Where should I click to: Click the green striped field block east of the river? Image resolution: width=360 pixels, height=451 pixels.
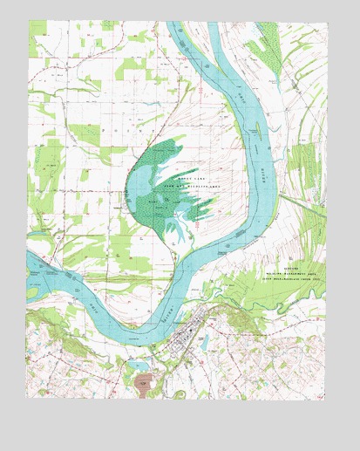point(302,166)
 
